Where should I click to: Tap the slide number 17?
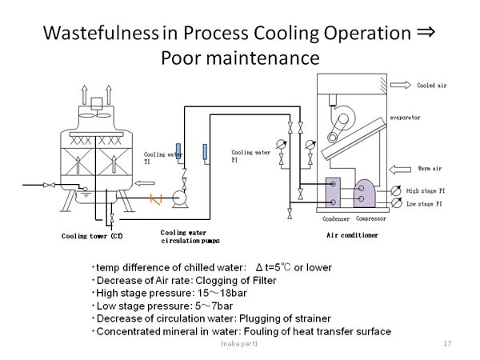447,343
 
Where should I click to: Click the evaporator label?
405,118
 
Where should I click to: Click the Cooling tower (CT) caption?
92,235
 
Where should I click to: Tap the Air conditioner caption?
352,235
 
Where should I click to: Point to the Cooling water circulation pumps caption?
190,236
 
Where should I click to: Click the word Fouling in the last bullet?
291,331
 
